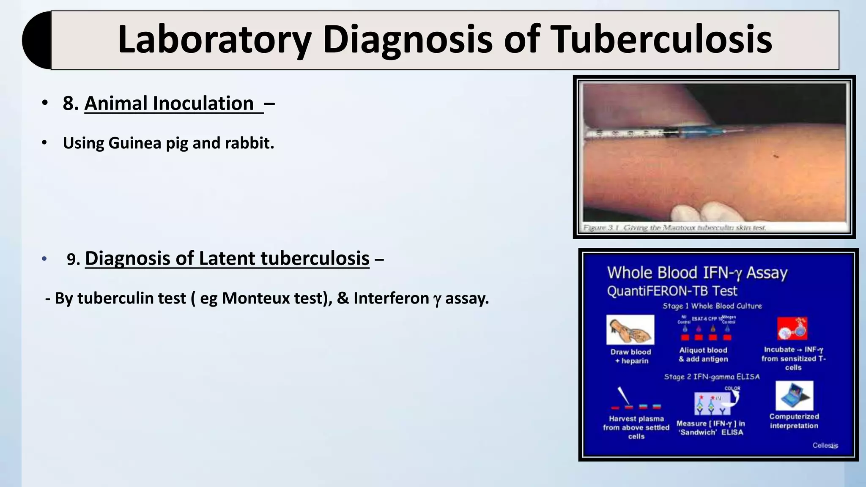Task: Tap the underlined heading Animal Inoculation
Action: [x=169, y=104]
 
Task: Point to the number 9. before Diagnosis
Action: [x=73, y=259]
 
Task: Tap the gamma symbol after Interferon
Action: [x=437, y=299]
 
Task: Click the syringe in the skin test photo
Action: [x=677, y=134]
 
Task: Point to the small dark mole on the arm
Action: [x=776, y=156]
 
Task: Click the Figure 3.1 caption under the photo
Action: [x=674, y=228]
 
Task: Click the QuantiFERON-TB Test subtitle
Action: [x=672, y=291]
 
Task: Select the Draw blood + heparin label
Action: [x=631, y=356]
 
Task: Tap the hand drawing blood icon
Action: [x=630, y=330]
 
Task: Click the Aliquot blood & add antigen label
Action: [x=703, y=355]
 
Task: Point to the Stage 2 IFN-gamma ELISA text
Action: [x=712, y=376]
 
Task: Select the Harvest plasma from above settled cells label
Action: [x=636, y=427]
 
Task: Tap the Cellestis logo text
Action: [x=825, y=445]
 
